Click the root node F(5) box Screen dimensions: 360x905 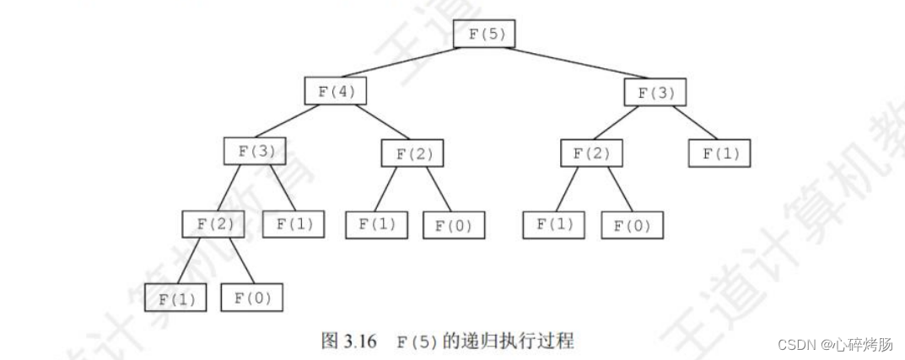click(x=483, y=33)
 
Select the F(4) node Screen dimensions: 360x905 click(x=336, y=91)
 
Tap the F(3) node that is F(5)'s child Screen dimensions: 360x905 click(x=655, y=92)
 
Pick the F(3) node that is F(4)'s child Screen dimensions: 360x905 click(x=255, y=151)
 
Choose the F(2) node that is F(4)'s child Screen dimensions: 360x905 click(x=412, y=153)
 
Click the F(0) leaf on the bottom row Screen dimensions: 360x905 click(x=251, y=298)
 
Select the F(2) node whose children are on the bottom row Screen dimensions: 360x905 click(x=213, y=223)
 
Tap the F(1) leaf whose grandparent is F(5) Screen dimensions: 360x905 click(x=719, y=153)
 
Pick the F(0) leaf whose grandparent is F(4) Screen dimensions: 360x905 click(x=454, y=225)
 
